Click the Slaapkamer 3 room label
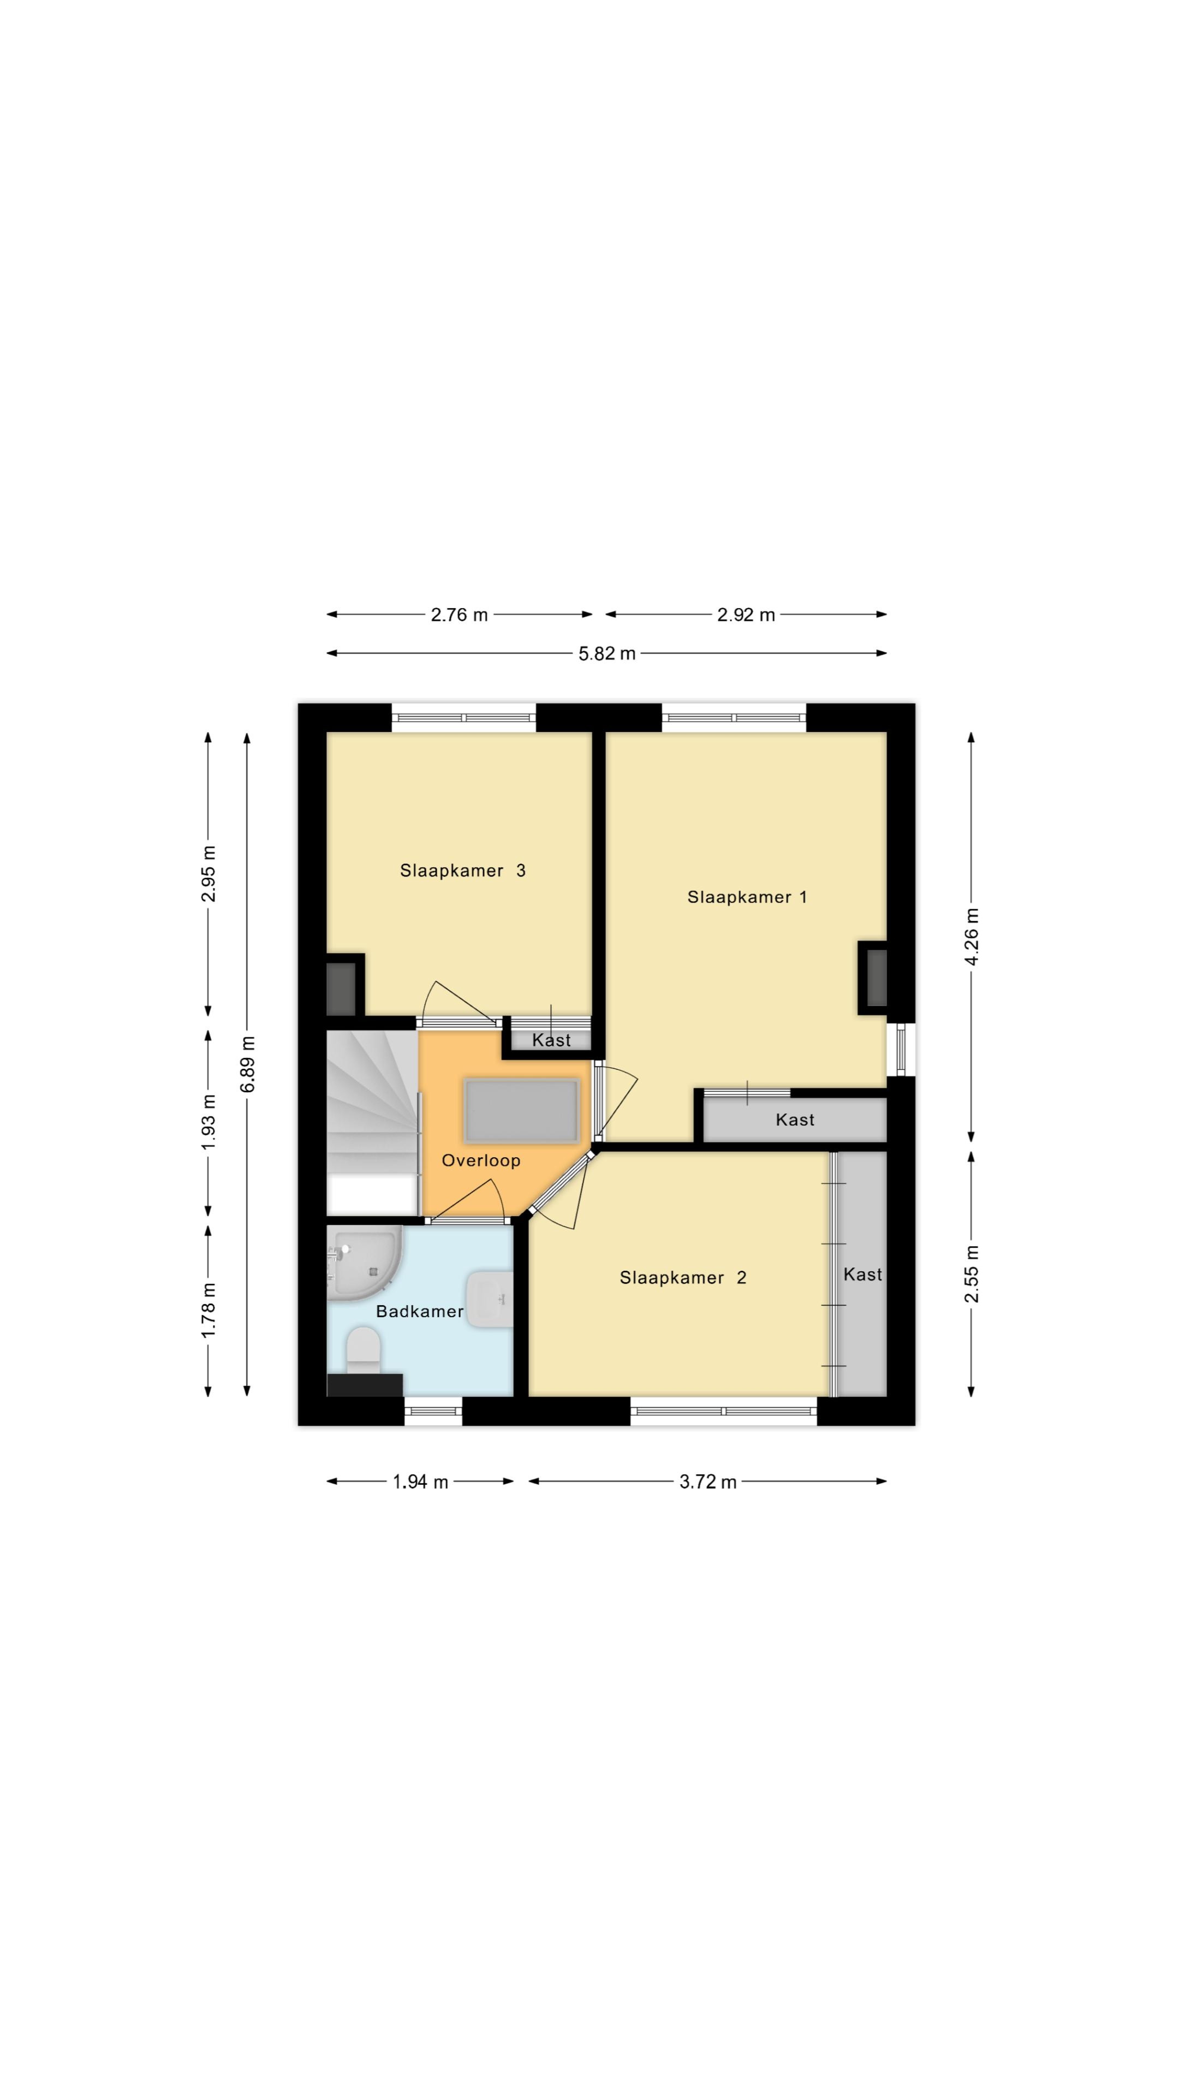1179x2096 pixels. click(462, 871)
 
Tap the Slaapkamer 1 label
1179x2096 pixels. click(746, 897)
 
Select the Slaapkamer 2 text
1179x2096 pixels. click(683, 1277)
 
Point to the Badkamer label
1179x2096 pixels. click(419, 1311)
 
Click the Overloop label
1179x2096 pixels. click(481, 1160)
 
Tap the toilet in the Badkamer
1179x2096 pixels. click(363, 1351)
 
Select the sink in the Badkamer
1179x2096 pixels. click(489, 1300)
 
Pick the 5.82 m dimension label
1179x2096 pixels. click(606, 653)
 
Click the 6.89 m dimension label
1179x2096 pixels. click(247, 1064)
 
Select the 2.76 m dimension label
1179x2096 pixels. click(459, 614)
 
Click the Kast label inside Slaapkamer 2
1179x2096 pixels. click(862, 1274)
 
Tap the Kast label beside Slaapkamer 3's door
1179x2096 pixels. click(551, 1040)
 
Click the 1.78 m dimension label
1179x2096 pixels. click(209, 1309)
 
